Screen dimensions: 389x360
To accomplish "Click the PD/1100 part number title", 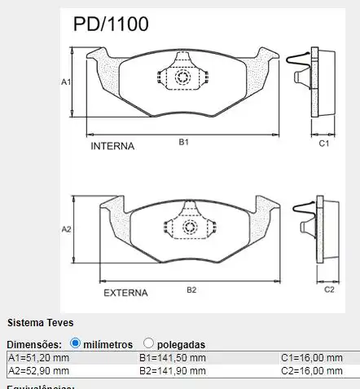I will point(111,24).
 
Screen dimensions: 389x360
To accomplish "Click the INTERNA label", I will point(112,147).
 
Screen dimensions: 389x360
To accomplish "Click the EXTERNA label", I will point(125,291).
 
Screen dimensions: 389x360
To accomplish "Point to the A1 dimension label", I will point(67,82).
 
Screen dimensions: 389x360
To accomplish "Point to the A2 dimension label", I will point(67,230).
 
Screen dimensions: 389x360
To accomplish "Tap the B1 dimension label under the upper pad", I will point(184,142).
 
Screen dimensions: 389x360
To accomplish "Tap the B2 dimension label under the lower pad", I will point(191,290).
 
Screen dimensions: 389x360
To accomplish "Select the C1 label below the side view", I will point(323,144).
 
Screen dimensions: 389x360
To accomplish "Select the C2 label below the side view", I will point(330,289).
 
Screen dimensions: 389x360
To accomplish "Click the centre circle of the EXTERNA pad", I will point(191,226).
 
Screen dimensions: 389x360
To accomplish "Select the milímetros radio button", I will point(76,343).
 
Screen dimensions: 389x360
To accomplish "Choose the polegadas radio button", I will point(148,343).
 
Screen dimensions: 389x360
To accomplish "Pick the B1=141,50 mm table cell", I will point(173,357).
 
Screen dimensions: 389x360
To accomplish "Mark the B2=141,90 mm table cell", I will point(173,370).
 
